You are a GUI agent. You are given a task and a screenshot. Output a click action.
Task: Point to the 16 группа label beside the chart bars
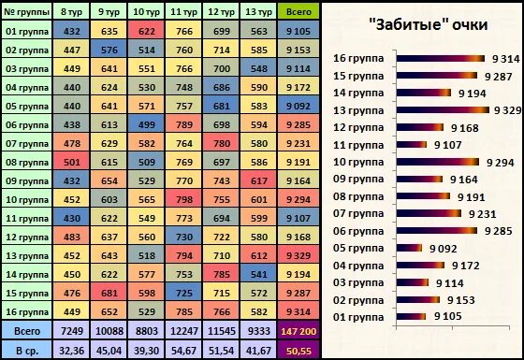(x=358, y=58)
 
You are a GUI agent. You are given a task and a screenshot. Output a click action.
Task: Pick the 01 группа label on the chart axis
(x=358, y=317)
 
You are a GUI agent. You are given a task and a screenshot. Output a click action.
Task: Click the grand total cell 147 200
(x=300, y=330)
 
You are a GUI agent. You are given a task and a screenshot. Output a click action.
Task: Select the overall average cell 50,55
(x=300, y=349)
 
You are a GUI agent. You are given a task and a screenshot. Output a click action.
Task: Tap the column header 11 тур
(x=184, y=11)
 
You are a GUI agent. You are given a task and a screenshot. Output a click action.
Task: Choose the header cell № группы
(x=26, y=11)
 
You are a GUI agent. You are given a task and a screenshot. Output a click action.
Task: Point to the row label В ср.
(x=26, y=349)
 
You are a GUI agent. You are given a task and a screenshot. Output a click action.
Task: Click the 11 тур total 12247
(x=184, y=330)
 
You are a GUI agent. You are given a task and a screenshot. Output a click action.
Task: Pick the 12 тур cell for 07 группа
(x=222, y=142)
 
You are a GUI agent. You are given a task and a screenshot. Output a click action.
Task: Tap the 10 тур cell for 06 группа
(x=146, y=123)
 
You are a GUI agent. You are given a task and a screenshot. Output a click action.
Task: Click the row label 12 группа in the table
(x=26, y=236)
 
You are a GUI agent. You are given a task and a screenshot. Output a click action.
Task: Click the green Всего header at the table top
(x=300, y=11)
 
